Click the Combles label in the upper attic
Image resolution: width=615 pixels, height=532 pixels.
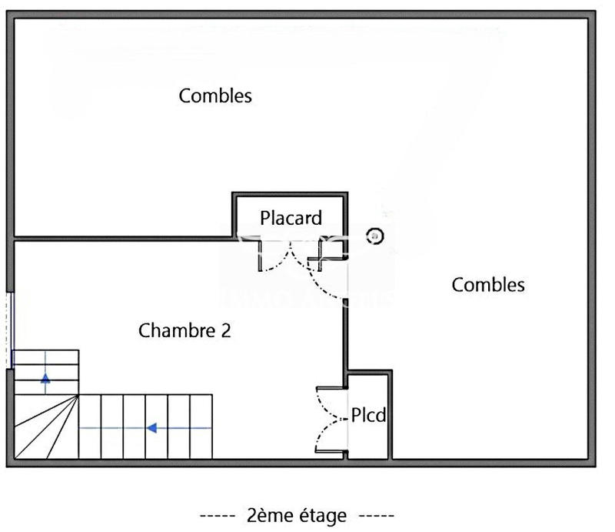215,96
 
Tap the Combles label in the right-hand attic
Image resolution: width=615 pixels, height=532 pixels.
488,285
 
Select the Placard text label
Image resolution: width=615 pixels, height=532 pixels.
291,218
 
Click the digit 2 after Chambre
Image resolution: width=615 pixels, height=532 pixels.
225,331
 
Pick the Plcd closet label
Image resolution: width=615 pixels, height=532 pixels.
368,417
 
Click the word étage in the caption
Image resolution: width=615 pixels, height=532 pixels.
318,515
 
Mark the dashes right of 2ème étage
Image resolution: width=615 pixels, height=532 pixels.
377,515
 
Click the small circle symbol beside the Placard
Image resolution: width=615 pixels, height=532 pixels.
374,236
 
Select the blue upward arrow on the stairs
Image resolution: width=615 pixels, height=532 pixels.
45,378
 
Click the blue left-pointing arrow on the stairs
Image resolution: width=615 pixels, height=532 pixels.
152,427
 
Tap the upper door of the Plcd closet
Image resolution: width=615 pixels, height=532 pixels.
329,400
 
